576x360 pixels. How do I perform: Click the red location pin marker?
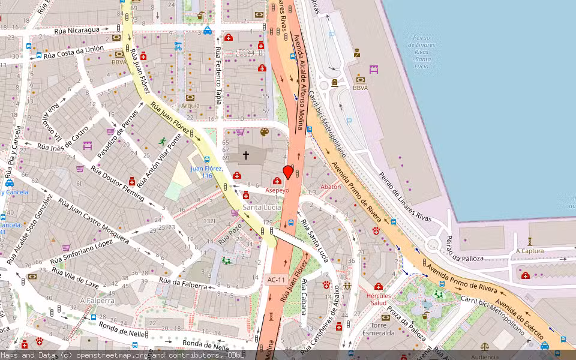click(x=288, y=172)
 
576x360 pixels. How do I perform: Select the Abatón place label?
click(x=331, y=187)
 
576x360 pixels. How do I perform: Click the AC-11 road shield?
click(x=277, y=280)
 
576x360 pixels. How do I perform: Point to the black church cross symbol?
click(x=245, y=155)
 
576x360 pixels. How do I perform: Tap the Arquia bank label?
click(x=190, y=106)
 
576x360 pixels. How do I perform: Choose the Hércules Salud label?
click(x=379, y=299)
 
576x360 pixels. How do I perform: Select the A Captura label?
click(x=530, y=251)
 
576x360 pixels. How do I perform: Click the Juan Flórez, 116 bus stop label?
click(x=206, y=172)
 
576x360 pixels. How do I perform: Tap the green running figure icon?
click(x=162, y=142)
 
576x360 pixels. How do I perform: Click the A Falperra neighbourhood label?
click(x=97, y=300)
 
